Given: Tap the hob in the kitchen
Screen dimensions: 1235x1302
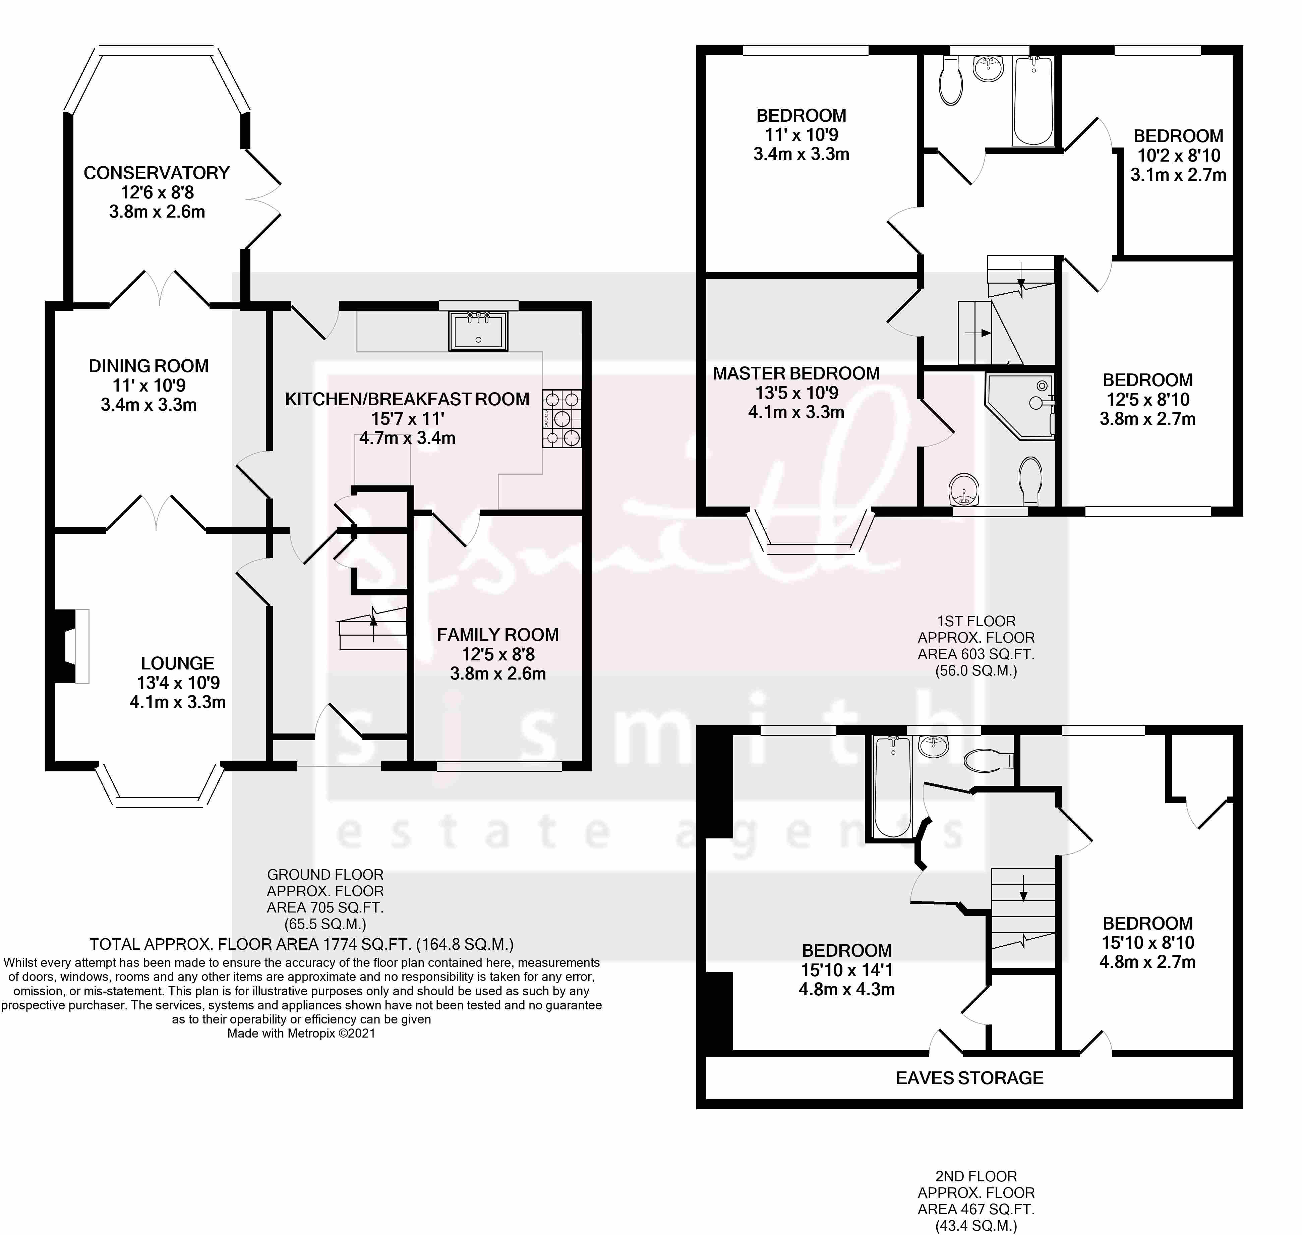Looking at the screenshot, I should tap(561, 419).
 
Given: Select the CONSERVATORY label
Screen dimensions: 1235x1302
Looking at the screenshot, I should tap(157, 173).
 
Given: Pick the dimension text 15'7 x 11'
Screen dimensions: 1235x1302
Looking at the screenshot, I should tap(407, 419).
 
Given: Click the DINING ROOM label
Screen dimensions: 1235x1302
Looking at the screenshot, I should tap(149, 366).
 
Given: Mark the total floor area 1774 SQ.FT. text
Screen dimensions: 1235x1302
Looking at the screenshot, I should tap(301, 945).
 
